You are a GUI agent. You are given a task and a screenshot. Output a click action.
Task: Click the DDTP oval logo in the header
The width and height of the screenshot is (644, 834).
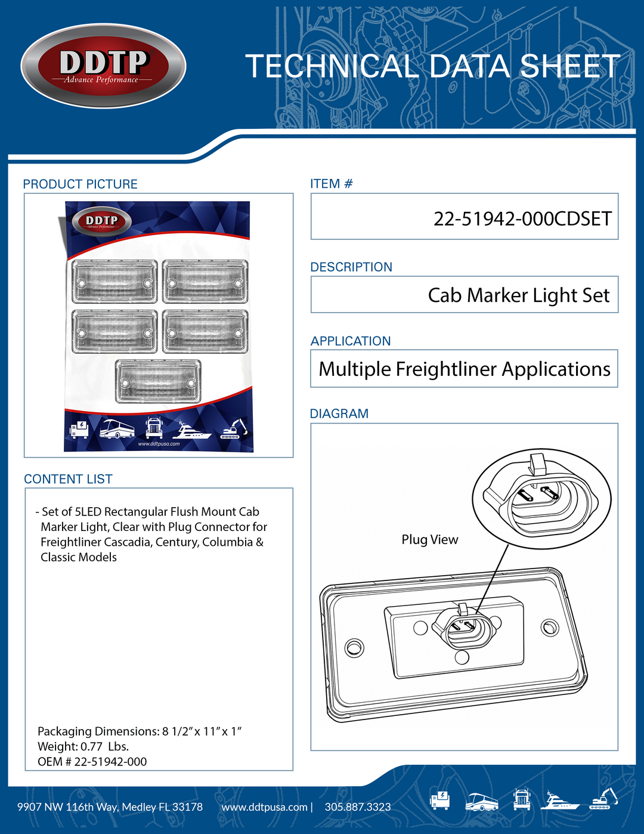pyautogui.click(x=103, y=66)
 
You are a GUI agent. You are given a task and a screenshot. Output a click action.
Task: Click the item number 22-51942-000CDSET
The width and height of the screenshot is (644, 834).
pyautogui.click(x=522, y=219)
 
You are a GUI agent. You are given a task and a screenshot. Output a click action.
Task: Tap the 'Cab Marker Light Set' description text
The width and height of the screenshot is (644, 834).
pyautogui.click(x=519, y=295)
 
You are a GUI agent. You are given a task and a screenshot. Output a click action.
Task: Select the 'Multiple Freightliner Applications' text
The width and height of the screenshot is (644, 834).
pyautogui.click(x=464, y=369)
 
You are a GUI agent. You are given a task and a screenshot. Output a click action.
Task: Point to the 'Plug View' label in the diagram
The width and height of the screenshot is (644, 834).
pyautogui.click(x=429, y=539)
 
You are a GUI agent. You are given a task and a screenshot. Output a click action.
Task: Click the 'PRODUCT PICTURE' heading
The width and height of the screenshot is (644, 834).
pyautogui.click(x=80, y=184)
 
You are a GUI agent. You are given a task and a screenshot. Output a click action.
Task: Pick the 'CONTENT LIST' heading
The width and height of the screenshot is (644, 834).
pyautogui.click(x=68, y=479)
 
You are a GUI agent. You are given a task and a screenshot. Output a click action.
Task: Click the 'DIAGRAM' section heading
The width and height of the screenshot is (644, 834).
pyautogui.click(x=339, y=413)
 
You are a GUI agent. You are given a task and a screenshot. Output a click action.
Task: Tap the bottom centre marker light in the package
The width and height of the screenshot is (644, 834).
pyautogui.click(x=158, y=381)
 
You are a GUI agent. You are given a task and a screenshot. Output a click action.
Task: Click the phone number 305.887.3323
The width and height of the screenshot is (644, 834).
pyautogui.click(x=357, y=807)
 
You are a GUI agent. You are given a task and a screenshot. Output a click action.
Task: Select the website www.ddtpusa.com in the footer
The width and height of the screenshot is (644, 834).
pyautogui.click(x=264, y=807)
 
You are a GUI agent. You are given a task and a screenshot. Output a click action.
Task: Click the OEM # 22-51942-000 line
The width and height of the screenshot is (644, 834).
pyautogui.click(x=92, y=761)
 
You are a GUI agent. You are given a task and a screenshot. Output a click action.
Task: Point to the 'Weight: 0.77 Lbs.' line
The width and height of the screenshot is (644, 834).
pyautogui.click(x=83, y=746)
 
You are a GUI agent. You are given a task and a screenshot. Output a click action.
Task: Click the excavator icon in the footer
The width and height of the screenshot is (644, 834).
pyautogui.click(x=603, y=799)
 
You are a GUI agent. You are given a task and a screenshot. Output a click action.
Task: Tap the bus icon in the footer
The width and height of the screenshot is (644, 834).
pyautogui.click(x=481, y=801)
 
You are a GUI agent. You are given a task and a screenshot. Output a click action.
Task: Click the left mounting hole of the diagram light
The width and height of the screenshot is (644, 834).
pyautogui.click(x=354, y=647)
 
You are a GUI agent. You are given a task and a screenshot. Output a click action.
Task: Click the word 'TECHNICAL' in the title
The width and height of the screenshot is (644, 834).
pyautogui.click(x=332, y=66)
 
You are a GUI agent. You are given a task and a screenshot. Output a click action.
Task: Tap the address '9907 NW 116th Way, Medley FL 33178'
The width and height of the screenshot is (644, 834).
pyautogui.click(x=110, y=807)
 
